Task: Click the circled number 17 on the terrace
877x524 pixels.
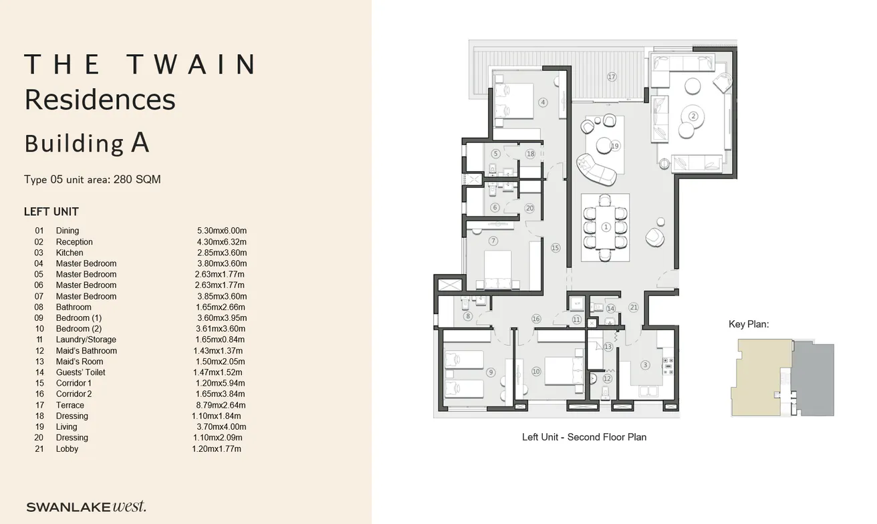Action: click(x=611, y=77)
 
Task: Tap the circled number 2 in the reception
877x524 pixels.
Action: click(x=693, y=116)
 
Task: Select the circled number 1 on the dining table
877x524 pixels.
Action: click(x=606, y=227)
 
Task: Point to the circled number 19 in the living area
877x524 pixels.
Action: click(x=615, y=146)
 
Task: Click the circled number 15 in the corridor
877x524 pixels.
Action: click(x=555, y=248)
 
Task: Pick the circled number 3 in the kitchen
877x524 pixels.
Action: click(x=645, y=365)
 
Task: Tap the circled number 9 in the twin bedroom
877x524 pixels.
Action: click(x=491, y=373)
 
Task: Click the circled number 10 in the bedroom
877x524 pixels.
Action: click(x=535, y=372)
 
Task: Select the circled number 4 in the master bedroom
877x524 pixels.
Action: click(x=543, y=102)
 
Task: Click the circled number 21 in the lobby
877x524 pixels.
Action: click(x=634, y=307)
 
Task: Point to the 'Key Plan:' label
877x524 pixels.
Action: click(x=749, y=324)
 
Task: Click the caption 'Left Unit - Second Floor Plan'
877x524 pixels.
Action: click(x=584, y=437)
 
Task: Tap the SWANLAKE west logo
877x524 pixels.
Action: click(x=86, y=507)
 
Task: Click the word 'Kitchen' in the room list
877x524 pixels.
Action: click(x=70, y=253)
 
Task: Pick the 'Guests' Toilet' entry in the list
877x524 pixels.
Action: click(x=80, y=372)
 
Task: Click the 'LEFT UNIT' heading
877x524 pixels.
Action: click(x=51, y=212)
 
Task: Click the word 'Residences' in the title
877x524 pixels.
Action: click(x=100, y=100)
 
